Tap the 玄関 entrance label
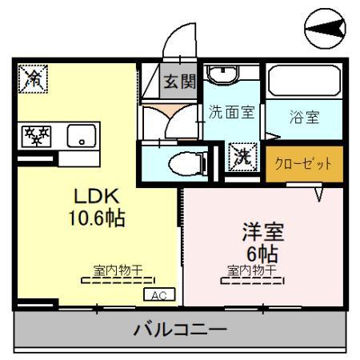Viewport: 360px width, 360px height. (178, 80)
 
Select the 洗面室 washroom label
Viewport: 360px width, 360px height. (231, 112)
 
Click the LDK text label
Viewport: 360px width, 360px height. (96, 196)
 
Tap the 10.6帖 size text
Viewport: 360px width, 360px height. (96, 218)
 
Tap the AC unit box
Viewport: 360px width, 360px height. (158, 295)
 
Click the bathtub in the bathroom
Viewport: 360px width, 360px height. (304, 81)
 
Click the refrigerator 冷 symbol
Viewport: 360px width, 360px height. (33, 78)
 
